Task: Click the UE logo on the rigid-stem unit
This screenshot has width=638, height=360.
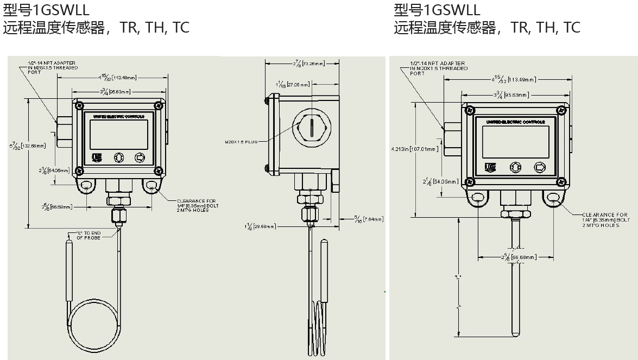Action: (x=489, y=167)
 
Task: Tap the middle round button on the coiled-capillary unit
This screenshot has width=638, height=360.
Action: (x=119, y=157)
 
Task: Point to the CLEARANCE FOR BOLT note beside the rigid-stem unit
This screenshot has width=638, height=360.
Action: (x=606, y=220)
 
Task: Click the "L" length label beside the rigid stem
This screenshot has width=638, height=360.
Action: (x=458, y=277)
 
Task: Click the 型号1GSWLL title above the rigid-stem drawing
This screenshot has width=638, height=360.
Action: (x=437, y=10)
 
